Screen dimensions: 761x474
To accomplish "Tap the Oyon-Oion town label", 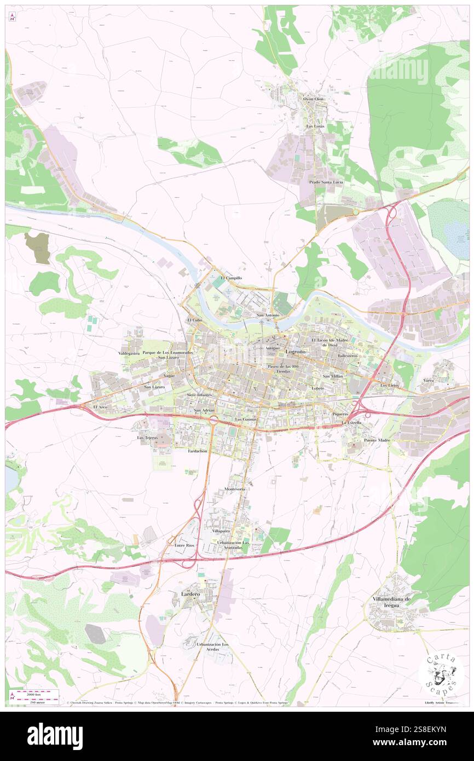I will [314, 99].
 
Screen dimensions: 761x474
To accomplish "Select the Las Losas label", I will [315, 126].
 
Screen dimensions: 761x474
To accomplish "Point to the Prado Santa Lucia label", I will [326, 182].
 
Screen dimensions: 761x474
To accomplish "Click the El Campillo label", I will [231, 278].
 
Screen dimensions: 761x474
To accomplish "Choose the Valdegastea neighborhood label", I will [129, 354].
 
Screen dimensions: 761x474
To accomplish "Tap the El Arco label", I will [99, 407].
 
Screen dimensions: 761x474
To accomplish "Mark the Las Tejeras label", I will [147, 439].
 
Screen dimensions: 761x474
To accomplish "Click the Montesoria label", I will [235, 489].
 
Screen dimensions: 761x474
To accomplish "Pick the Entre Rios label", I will [184, 546].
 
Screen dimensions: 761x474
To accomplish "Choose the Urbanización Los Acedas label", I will [213, 648].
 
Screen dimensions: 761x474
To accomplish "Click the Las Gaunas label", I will [246, 419].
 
